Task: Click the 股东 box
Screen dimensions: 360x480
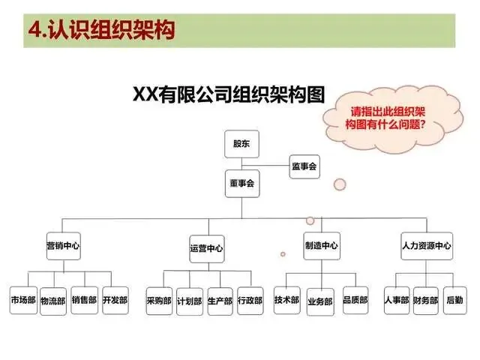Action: coord(241,144)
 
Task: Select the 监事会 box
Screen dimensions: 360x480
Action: coord(304,166)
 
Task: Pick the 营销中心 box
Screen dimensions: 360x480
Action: coord(63,246)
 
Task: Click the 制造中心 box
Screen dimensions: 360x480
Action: coord(321,245)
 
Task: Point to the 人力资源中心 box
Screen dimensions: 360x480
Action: coord(427,245)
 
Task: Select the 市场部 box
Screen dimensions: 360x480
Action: coord(22,300)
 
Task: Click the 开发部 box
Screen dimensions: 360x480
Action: coord(115,300)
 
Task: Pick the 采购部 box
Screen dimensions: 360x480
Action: coord(159,301)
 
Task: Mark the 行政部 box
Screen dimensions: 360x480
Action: coord(250,301)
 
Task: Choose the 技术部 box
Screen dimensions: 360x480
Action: coord(287,299)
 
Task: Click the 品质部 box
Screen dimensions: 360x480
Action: coord(355,299)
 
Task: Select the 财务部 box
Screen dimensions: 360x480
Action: coord(425,301)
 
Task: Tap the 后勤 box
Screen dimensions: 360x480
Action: coord(455,299)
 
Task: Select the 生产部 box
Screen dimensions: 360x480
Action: coord(220,301)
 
